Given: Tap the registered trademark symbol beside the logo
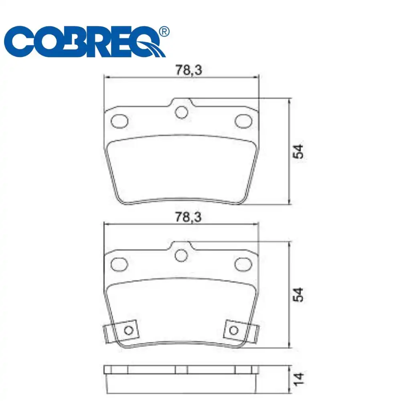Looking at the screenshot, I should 164,31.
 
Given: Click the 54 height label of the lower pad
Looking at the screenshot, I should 298,295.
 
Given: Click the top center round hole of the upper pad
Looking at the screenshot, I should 182,112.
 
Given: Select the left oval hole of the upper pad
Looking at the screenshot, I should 119,120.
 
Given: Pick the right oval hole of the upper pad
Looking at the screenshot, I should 243,120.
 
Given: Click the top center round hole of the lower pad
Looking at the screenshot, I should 182,255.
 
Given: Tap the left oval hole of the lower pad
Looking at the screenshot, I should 119,263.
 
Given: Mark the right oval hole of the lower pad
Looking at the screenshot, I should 243,263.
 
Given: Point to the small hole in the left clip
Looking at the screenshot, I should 128,330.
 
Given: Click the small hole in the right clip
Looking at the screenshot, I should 233,330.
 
